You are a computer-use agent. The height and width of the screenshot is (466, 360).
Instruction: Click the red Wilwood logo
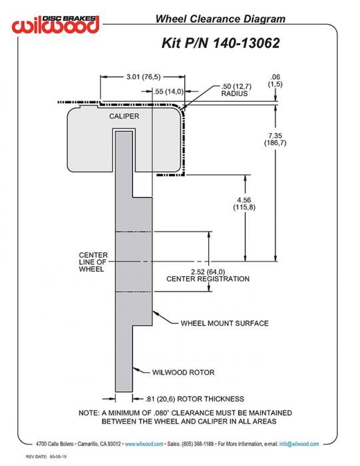[x=55, y=25]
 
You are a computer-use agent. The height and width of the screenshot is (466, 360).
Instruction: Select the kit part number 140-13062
[x=246, y=43]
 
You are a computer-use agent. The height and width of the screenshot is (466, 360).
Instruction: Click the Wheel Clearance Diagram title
[x=220, y=19]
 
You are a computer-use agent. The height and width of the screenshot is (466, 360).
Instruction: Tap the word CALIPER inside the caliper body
[x=124, y=116]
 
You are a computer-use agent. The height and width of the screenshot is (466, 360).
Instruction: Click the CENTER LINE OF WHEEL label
[x=93, y=262]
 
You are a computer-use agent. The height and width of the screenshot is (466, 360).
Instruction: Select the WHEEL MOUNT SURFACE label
[x=224, y=323]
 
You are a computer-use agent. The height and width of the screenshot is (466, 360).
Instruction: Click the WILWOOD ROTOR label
[x=183, y=372]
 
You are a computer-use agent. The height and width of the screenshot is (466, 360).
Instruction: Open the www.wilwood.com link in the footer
[x=144, y=444]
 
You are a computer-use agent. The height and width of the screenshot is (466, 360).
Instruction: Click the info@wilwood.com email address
[x=299, y=444]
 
